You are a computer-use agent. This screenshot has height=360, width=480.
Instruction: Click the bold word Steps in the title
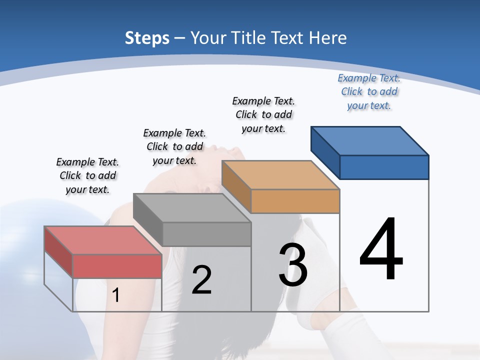pos(147,38)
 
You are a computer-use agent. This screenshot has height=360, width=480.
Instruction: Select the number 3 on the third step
pos(293,264)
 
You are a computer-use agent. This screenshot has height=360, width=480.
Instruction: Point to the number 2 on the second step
pos(201,280)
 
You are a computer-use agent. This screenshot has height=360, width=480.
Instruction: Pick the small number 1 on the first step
pos(116,295)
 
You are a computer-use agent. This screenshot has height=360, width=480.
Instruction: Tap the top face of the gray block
pos(192,207)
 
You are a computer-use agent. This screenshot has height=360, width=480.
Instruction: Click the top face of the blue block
pos(370,140)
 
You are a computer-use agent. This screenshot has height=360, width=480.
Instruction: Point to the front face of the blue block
pos(384,167)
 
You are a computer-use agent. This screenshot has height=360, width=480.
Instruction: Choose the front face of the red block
pos(117,266)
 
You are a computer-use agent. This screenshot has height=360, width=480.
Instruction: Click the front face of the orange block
pos(295,201)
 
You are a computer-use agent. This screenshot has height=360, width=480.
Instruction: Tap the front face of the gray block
pos(206,234)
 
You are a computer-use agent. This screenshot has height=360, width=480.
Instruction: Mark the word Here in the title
pos(328,38)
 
